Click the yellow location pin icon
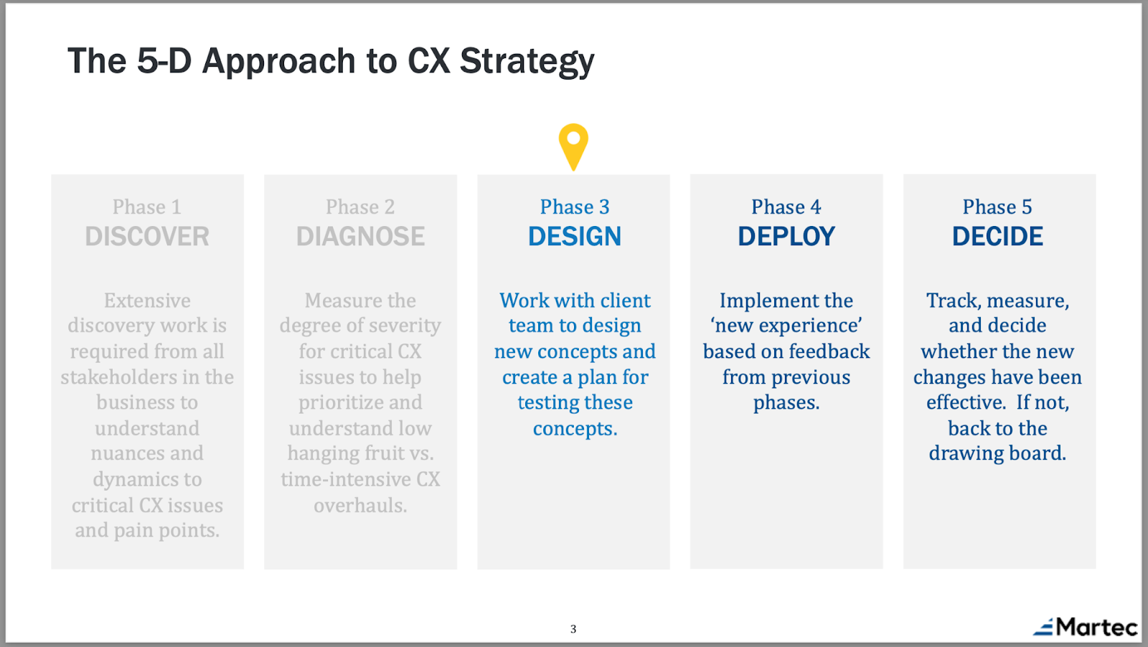(x=573, y=146)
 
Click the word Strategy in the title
(x=527, y=62)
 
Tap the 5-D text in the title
(x=164, y=60)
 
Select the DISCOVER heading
(x=147, y=236)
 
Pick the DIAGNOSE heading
(x=360, y=236)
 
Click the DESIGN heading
(x=575, y=236)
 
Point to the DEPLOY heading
(x=786, y=236)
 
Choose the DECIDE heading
(x=997, y=236)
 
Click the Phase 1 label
(x=147, y=207)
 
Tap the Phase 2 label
(x=360, y=207)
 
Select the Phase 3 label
(x=575, y=207)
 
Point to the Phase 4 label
(x=786, y=207)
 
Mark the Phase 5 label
(x=997, y=207)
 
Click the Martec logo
(x=1085, y=627)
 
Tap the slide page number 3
(x=573, y=629)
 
